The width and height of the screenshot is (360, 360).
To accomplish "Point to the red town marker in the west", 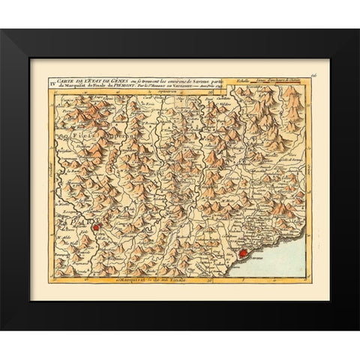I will [x=95, y=222].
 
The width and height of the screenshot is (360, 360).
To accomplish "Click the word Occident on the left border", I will [x=39, y=180].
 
